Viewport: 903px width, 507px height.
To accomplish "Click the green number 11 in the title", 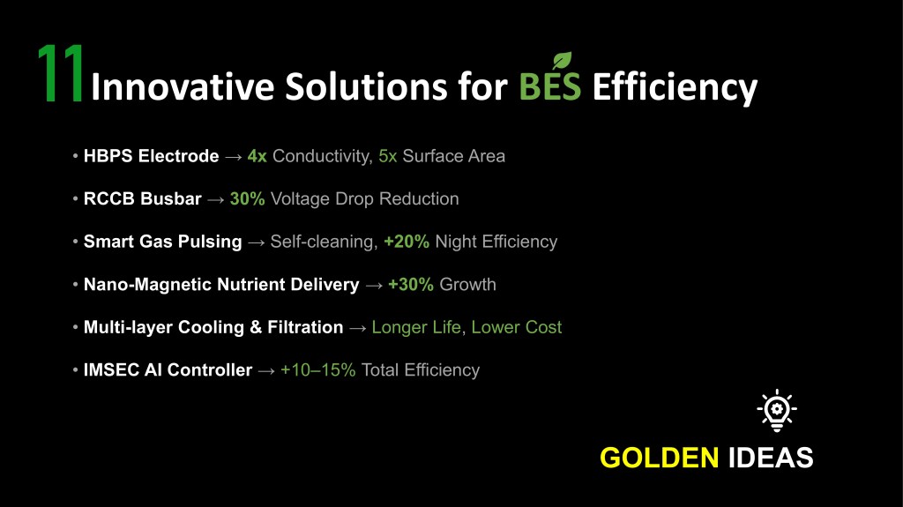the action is point(61,74).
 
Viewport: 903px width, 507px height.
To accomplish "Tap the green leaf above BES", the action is point(562,61).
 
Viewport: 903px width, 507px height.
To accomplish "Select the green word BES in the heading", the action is point(550,86).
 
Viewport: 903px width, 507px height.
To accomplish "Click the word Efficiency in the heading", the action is point(675,87).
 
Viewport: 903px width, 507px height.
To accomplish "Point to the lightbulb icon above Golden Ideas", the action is point(777,410).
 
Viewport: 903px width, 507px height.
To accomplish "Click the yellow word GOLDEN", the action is point(660,458).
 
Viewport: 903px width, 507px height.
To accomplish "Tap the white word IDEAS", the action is point(771,458).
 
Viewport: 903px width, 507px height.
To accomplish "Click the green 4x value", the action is point(257,156).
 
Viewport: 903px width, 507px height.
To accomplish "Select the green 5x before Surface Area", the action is point(388,156).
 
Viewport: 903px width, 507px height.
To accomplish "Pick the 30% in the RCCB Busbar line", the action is point(247,198).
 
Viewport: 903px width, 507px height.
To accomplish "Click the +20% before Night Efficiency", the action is point(406,242).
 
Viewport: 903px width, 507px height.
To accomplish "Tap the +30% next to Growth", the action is point(411,284).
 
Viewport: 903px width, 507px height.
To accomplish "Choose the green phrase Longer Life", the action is point(416,327).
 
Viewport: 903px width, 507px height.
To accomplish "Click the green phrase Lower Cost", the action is point(516,327).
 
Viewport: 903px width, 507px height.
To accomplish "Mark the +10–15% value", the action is point(317,369).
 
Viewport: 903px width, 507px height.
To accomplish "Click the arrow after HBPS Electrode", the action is point(233,157).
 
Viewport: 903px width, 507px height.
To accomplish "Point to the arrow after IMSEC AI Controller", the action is point(266,371).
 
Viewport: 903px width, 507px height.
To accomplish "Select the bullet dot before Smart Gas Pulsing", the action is point(76,241).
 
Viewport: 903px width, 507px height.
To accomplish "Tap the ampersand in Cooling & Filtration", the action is point(256,327).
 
